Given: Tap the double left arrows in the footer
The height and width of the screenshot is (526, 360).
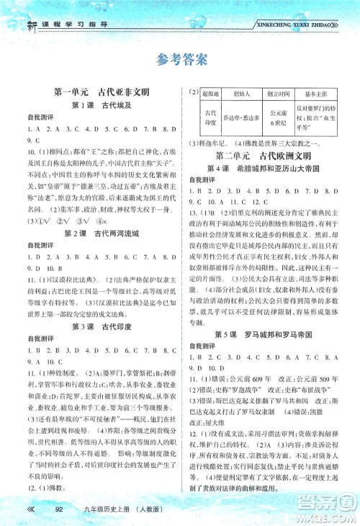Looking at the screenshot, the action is pos(31,510).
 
